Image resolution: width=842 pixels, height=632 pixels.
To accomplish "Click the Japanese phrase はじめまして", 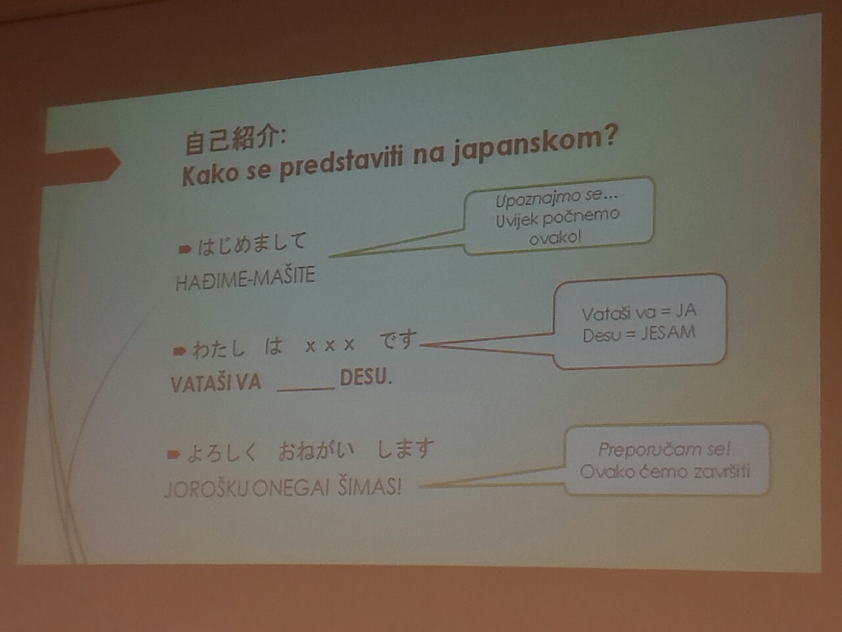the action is pos(252,244).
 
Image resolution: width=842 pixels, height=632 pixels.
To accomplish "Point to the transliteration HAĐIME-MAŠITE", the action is pos(245,278).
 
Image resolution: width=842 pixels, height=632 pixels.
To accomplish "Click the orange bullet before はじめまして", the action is pos(185,249).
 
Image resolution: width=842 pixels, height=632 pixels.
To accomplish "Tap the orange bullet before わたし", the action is pos(180,351).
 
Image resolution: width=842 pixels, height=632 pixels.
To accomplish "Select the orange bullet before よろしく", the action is pos(174,455).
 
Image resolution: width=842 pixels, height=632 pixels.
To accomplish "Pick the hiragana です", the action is pos(398,340).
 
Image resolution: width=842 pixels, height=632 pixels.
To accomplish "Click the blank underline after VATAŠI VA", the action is pos(306,389).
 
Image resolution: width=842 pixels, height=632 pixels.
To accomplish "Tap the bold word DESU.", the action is pos(366,379).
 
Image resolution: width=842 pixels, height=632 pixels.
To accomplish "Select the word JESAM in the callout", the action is pos(668,333).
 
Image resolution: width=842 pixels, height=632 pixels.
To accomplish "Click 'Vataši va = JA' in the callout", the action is pos(639,312).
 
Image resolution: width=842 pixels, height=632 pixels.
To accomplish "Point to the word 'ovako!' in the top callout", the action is pos(555,238).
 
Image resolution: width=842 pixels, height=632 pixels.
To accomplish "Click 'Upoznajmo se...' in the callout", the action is pos(557,198).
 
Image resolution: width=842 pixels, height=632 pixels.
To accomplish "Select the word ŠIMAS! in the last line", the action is pos(370,488).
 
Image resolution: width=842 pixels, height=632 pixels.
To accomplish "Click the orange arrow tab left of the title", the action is pos(82,164).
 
